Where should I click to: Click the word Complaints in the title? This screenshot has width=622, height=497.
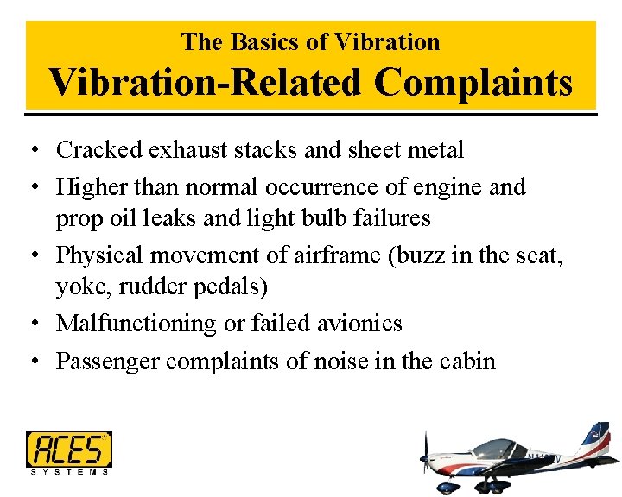pyautogui.click(x=473, y=84)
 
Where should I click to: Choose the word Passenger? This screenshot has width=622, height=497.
pyautogui.click(x=108, y=361)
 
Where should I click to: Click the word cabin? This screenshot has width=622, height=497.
pyautogui.click(x=466, y=361)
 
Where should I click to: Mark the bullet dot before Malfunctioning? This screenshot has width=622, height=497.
pyautogui.click(x=31, y=324)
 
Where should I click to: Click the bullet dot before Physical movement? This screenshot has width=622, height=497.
pyautogui.click(x=31, y=256)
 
